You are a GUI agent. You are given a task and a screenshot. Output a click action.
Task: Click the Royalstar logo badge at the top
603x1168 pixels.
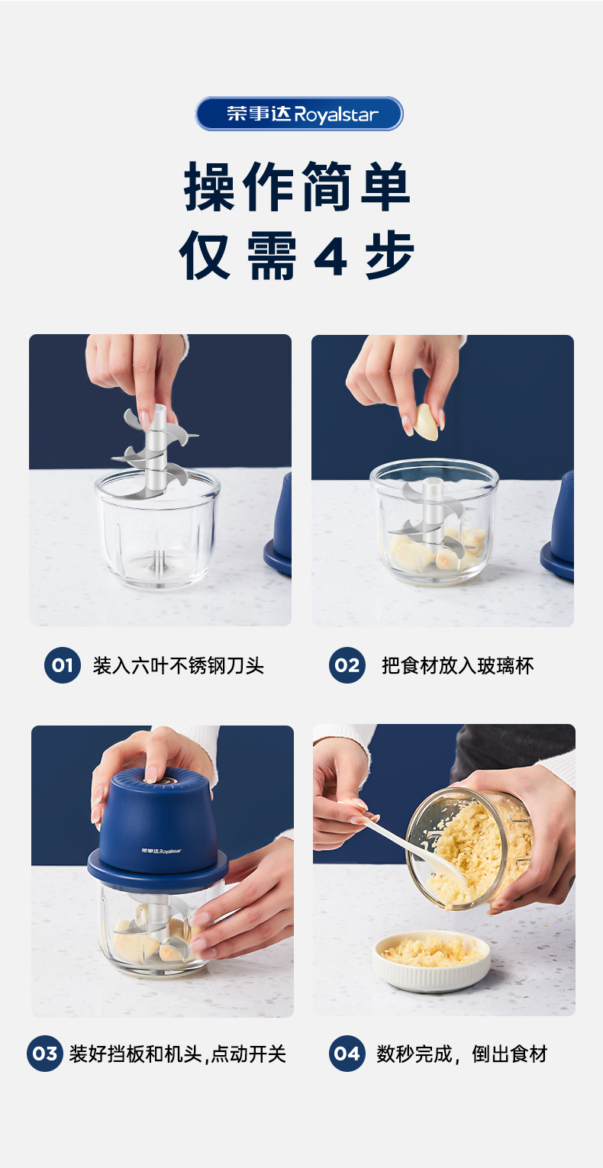(x=299, y=114)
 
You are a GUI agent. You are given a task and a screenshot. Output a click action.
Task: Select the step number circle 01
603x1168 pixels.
(x=62, y=665)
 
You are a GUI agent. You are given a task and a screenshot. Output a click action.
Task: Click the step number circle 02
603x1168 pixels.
(x=347, y=665)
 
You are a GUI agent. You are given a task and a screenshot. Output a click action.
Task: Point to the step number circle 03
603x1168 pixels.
(x=45, y=1054)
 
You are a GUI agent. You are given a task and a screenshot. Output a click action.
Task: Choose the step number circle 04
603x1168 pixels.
(x=347, y=1054)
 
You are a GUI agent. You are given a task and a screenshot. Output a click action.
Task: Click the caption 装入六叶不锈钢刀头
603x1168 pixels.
(x=179, y=666)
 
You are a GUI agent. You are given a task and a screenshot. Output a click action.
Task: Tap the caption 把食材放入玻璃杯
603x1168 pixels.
(x=457, y=666)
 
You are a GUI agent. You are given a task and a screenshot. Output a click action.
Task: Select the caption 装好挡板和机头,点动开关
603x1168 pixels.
(x=178, y=1054)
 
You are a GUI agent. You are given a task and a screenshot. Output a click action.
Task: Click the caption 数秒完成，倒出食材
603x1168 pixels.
(x=462, y=1054)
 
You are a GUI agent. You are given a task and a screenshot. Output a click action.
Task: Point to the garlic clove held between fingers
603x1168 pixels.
(x=426, y=422)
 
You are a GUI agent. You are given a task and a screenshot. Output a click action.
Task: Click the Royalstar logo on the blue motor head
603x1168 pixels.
(x=161, y=851)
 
